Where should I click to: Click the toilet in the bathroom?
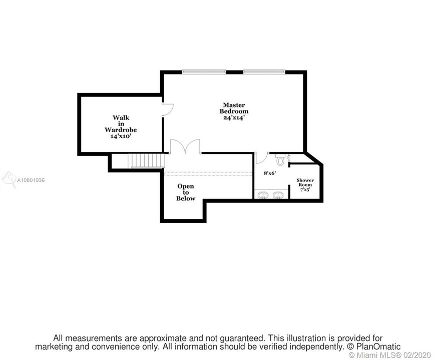(x=280, y=160)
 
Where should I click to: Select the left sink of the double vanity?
(x=263, y=194)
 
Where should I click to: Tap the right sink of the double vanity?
(x=278, y=194)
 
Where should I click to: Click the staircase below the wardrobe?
(x=146, y=161)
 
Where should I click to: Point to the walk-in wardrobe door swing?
(x=168, y=109)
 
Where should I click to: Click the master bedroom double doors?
(x=185, y=146)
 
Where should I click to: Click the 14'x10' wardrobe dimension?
(x=121, y=135)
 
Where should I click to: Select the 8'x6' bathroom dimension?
(x=270, y=173)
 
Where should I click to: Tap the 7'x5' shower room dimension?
(x=305, y=189)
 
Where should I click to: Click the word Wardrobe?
(x=121, y=129)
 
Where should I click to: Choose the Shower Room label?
(x=305, y=182)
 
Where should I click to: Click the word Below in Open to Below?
(x=185, y=198)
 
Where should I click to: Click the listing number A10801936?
(x=31, y=179)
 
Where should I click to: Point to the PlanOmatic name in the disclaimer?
(x=377, y=346)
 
